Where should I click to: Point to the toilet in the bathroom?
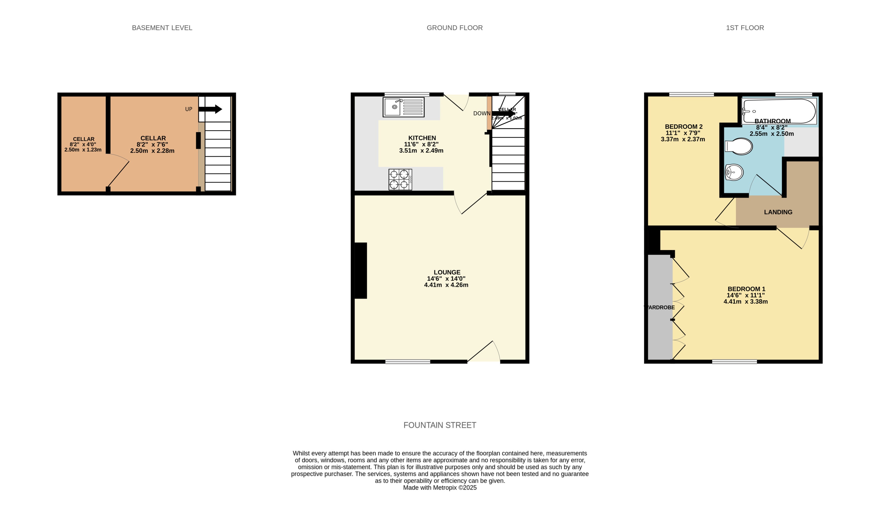(x=739, y=147)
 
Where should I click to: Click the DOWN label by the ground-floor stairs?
(x=481, y=113)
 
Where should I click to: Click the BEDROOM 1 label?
(x=746, y=289)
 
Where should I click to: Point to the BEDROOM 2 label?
(x=683, y=127)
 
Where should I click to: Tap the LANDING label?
(x=778, y=212)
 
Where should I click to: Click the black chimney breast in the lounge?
(x=361, y=271)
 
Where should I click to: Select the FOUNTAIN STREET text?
(x=440, y=425)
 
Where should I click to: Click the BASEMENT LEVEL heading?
(x=162, y=28)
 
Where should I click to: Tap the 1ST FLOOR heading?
(x=745, y=28)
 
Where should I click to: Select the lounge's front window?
(x=408, y=362)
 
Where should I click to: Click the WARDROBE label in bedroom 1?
(x=659, y=308)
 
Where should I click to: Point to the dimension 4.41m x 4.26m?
(x=446, y=285)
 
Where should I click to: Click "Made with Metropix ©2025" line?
(x=440, y=488)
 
